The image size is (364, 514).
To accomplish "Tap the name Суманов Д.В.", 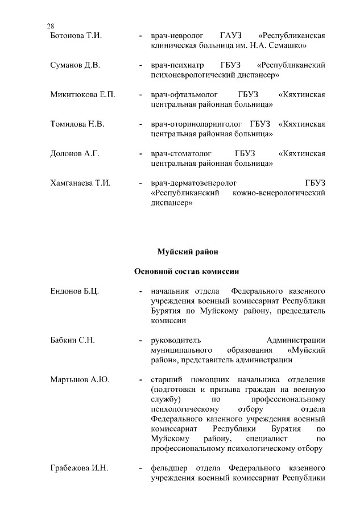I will point(75,66).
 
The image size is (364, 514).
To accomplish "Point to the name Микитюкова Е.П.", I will point(82,94).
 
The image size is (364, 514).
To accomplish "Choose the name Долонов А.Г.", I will point(75,153).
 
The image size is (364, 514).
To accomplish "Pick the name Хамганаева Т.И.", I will point(80,183).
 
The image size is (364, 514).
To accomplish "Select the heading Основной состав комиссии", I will point(187,272).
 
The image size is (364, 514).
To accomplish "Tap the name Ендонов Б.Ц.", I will point(75,291).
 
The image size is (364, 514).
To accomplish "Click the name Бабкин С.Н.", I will point(72,340).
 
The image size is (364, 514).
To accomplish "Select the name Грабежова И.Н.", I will point(79,469).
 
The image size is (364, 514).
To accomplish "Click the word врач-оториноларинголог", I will point(196,124).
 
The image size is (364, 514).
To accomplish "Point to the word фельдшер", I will point(169,469).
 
